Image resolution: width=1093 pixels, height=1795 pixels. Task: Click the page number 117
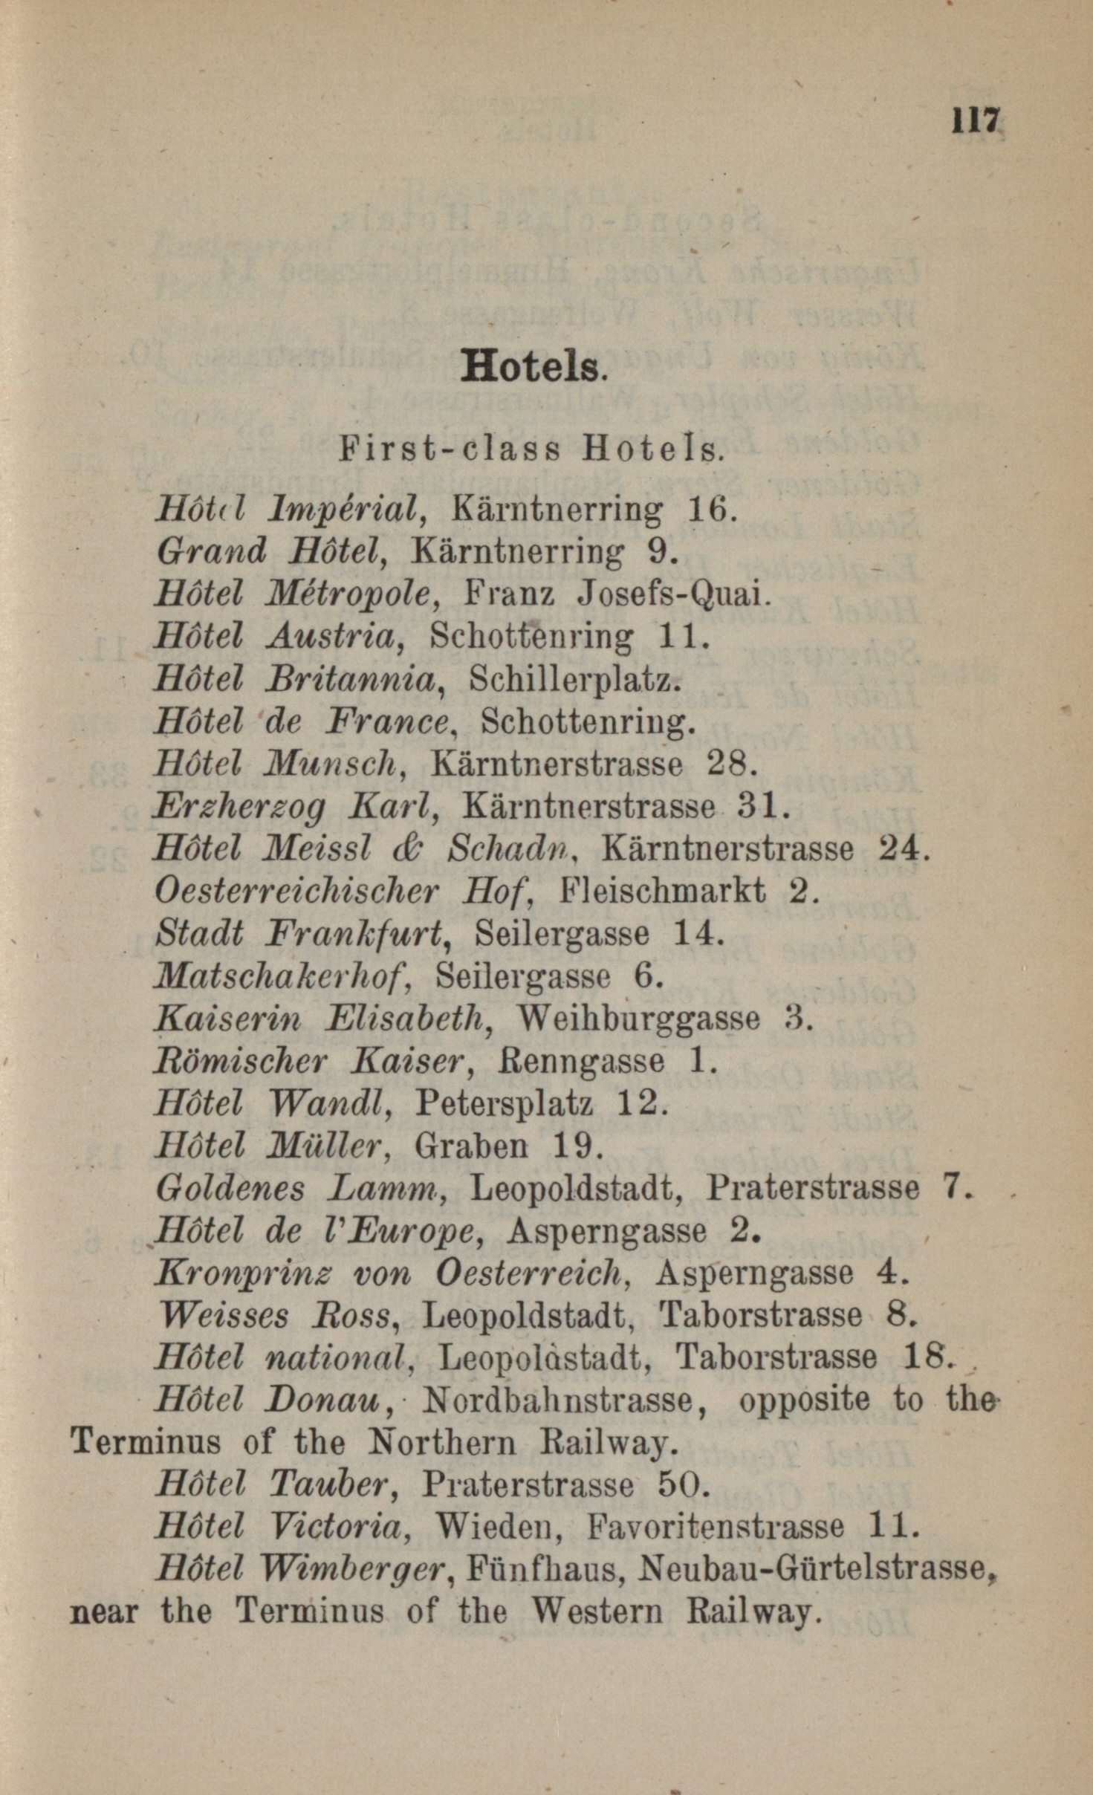(x=976, y=120)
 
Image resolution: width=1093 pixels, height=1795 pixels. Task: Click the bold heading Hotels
(x=531, y=366)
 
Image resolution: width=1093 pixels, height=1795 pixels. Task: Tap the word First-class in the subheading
(x=450, y=449)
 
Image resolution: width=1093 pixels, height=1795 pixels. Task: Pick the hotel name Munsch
(x=328, y=764)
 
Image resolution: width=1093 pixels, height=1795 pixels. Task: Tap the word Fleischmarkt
(x=662, y=890)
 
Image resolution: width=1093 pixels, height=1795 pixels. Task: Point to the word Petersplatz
(x=504, y=1103)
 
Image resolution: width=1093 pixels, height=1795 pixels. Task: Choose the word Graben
(x=471, y=1146)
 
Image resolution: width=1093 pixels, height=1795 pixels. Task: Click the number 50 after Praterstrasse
(x=676, y=1486)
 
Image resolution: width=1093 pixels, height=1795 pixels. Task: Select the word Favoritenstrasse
(x=715, y=1528)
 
